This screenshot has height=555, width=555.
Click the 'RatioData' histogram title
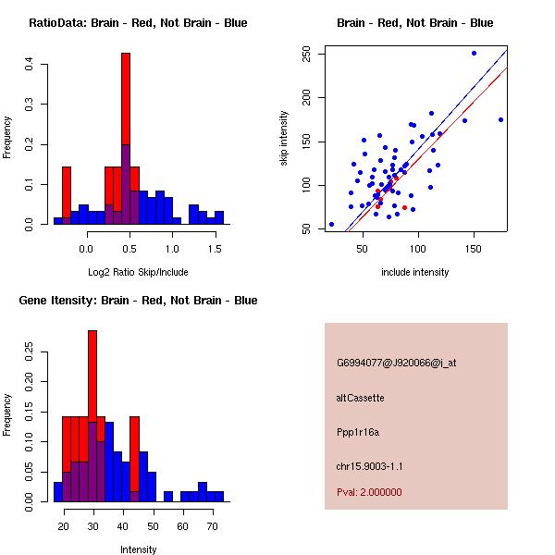(x=138, y=23)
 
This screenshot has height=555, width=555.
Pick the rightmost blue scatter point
(x=500, y=119)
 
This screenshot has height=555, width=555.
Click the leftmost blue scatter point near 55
(x=331, y=224)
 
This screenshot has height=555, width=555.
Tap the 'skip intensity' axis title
(x=285, y=139)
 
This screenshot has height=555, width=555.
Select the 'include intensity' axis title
(x=415, y=273)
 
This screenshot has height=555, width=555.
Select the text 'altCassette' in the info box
(x=360, y=398)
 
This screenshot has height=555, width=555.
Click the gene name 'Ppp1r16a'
(x=358, y=431)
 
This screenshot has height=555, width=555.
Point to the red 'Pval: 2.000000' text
(x=369, y=492)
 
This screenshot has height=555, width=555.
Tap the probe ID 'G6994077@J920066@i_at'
(x=396, y=363)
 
